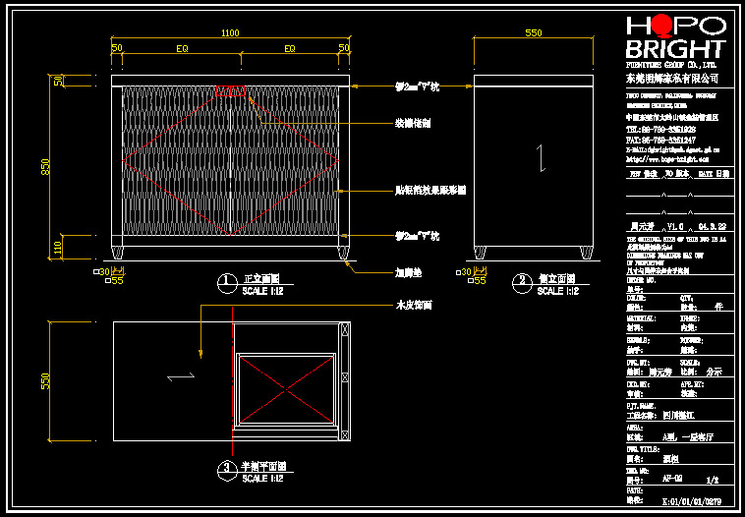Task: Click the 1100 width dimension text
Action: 230,32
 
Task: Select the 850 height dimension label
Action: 44,168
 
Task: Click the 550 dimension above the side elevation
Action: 534,32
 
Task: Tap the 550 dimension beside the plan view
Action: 44,380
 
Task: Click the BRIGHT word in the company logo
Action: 676,49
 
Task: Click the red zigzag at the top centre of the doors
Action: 231,91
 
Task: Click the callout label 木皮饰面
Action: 413,305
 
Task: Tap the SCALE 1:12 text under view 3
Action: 262,479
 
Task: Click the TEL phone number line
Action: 660,129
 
